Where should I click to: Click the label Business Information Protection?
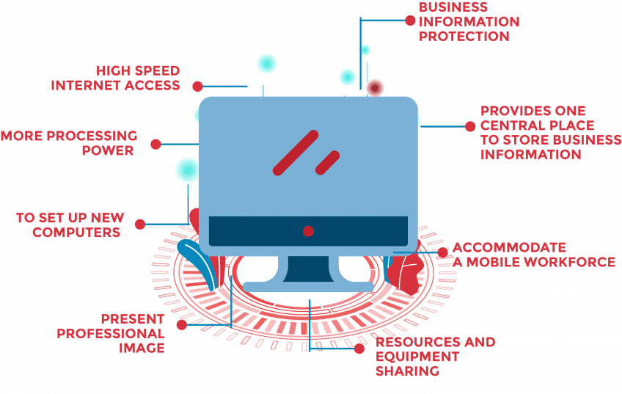[x=469, y=21]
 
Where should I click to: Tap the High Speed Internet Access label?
[x=116, y=78]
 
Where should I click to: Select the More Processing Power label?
[x=70, y=143]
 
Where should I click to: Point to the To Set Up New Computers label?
[x=70, y=225]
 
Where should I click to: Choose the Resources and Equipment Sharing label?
[x=435, y=357]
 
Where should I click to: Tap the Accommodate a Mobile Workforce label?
[x=533, y=255]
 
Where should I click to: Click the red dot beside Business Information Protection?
[x=410, y=21]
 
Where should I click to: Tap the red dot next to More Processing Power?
[x=156, y=144]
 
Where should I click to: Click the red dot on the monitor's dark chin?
[x=308, y=231]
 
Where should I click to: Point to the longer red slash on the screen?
[x=295, y=153]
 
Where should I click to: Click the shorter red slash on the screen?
[x=327, y=162]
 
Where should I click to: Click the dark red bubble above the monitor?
[x=375, y=88]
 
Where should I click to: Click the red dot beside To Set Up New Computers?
[x=139, y=224]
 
